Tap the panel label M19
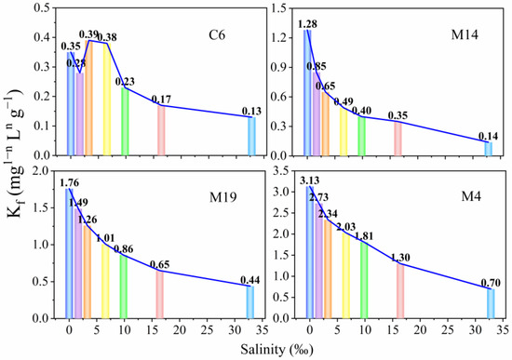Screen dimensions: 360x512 [x=221, y=197]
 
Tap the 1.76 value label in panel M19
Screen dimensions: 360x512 [x=69, y=182]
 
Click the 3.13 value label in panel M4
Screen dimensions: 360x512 [x=309, y=181]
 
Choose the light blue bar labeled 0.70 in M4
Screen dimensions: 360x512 [x=490, y=303]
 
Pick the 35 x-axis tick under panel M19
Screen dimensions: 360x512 [x=260, y=329]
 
